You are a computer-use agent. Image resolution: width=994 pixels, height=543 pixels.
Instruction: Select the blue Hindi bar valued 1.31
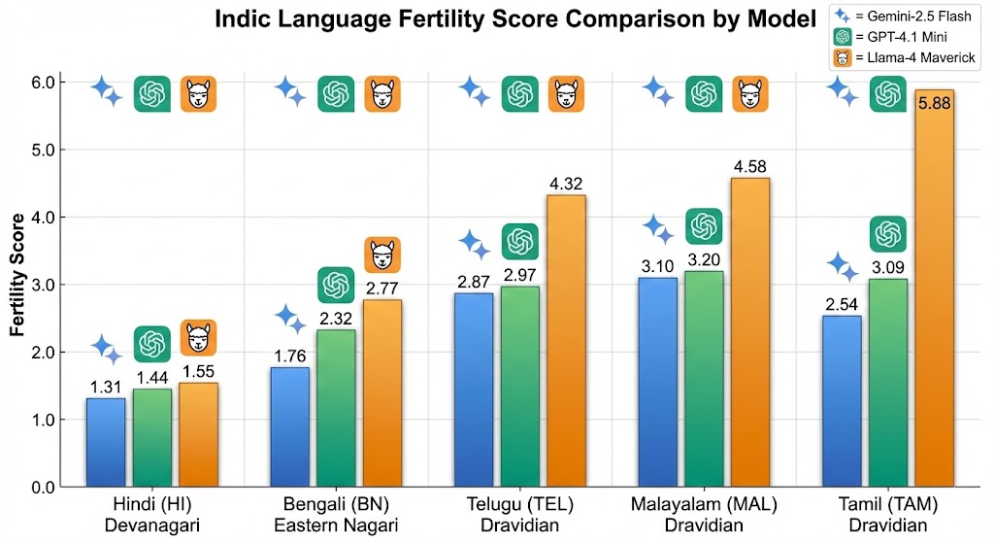pyautogui.click(x=106, y=442)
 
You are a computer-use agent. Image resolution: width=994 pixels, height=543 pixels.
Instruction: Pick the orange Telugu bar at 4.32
pyautogui.click(x=567, y=340)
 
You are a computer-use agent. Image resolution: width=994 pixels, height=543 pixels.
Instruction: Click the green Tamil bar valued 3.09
pyautogui.click(x=887, y=383)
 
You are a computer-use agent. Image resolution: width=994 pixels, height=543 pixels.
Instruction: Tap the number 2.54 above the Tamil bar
pyautogui.click(x=842, y=303)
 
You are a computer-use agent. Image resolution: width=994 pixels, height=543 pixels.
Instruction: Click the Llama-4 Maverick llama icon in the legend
pyautogui.click(x=843, y=60)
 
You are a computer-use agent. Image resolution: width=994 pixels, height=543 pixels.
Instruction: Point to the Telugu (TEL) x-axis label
pyautogui.click(x=520, y=505)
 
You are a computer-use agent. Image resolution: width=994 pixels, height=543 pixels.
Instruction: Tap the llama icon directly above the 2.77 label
pyautogui.click(x=382, y=255)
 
